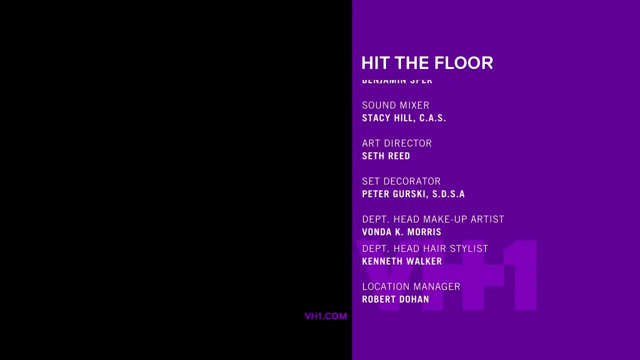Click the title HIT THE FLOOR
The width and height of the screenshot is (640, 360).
(427, 63)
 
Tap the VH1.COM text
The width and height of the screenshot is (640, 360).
(325, 316)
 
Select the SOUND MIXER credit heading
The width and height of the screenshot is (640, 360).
(395, 105)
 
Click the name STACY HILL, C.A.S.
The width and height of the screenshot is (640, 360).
(403, 118)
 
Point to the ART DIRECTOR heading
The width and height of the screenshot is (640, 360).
(396, 143)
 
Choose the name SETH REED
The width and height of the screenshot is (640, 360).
(386, 156)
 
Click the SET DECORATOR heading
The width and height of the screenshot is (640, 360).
(401, 181)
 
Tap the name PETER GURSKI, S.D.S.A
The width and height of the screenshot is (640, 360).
(413, 194)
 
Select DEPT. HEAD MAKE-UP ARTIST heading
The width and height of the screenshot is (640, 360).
(433, 219)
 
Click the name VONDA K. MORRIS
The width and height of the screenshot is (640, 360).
(401, 232)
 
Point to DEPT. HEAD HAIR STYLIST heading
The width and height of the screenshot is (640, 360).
(425, 248)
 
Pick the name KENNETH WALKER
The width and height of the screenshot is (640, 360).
(402, 261)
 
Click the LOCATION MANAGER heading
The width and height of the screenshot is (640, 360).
(411, 286)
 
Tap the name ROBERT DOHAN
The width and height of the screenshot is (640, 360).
(395, 299)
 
